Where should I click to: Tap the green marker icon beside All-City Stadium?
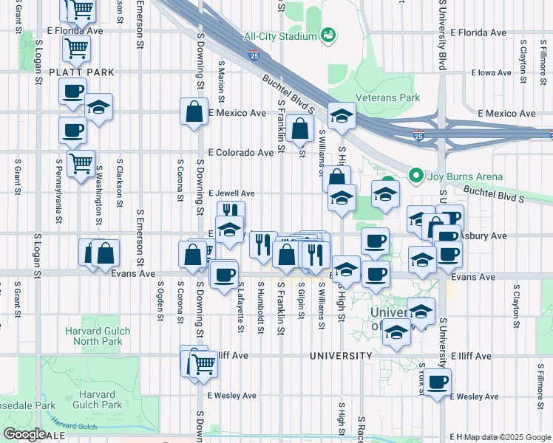coord(328,35)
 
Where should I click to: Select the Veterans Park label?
coord(387,97)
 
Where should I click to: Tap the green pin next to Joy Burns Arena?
coord(415,176)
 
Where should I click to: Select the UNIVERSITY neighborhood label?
coord(341,356)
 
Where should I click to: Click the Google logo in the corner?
coord(24,433)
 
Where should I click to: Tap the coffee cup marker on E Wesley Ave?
coord(438,382)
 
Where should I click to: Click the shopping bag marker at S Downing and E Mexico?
coord(194,112)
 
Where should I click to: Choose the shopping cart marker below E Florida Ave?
coord(76,49)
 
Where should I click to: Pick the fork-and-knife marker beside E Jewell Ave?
coord(230,213)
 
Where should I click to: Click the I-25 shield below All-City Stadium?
coord(254,55)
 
